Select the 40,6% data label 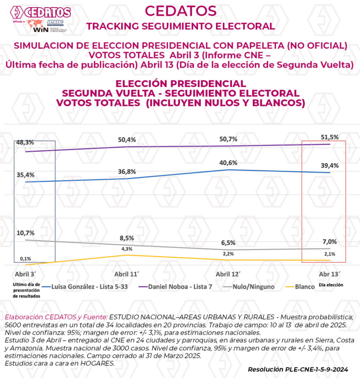[x=228, y=163]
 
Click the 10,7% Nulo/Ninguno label [x=26, y=233]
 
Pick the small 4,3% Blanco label [x=126, y=249]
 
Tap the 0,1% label [x=26, y=258]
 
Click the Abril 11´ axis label [x=126, y=275]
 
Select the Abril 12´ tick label [x=228, y=275]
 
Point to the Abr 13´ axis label [x=329, y=275]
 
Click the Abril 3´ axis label [x=26, y=275]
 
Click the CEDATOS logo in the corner [x=41, y=13]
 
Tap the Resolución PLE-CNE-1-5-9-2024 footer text [x=298, y=369]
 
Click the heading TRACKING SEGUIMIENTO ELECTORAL [x=180, y=26]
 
